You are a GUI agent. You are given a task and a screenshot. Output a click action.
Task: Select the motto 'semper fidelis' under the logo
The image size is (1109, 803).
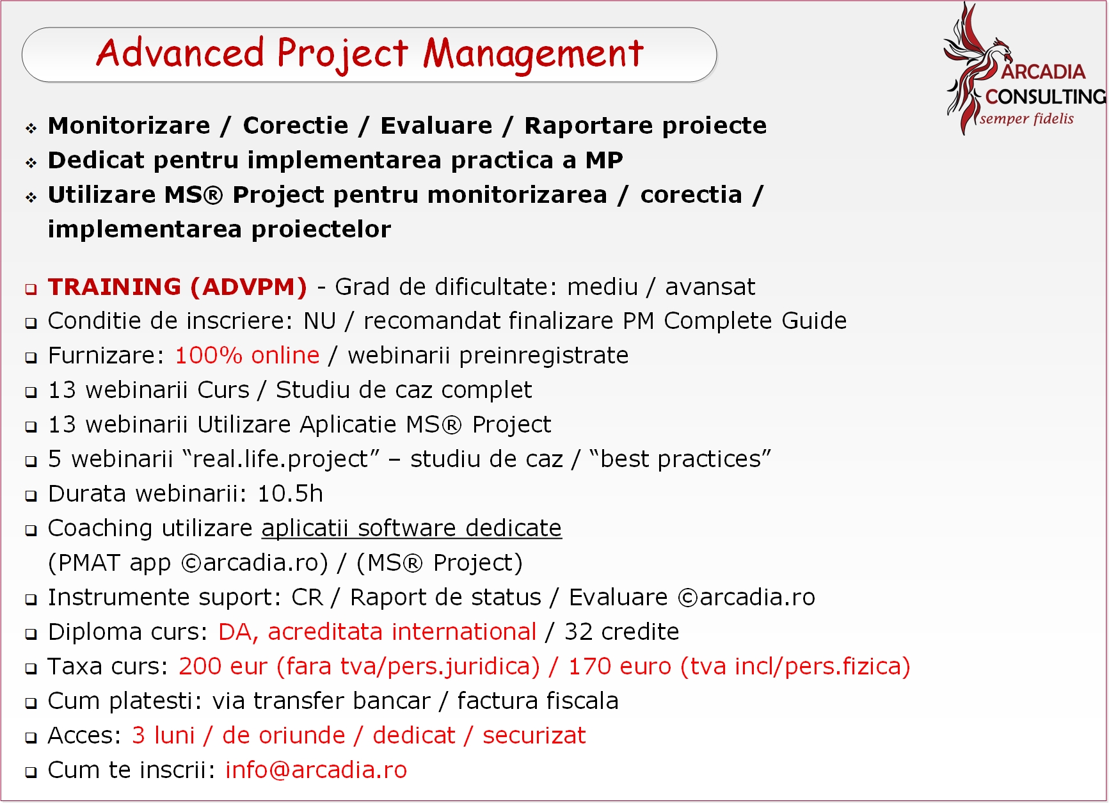click(1026, 118)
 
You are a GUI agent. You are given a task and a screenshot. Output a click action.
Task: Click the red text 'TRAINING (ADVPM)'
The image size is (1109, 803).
click(177, 287)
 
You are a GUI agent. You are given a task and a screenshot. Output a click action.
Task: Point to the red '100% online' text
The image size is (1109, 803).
click(247, 355)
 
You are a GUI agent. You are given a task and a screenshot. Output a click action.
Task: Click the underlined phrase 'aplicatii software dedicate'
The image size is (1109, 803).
click(411, 529)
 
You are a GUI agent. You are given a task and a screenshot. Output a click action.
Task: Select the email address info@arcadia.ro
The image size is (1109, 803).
click(316, 770)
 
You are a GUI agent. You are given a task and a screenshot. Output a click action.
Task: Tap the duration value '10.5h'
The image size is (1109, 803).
click(290, 493)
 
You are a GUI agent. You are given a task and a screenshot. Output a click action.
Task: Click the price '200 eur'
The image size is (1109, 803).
click(223, 666)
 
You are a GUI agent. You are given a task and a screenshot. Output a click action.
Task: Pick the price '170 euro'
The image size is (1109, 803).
click(619, 666)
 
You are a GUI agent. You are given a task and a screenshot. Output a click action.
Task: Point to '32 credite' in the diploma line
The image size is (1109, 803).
click(621, 632)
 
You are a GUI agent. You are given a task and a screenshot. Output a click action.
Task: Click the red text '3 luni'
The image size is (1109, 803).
click(163, 735)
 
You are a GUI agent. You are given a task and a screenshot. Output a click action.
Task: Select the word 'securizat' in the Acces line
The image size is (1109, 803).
click(534, 735)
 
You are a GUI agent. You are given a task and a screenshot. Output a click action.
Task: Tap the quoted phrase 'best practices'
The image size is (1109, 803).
click(680, 459)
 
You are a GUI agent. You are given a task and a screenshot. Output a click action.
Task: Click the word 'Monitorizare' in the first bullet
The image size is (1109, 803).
click(129, 125)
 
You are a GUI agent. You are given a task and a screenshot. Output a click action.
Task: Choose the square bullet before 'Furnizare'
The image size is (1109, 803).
click(31, 358)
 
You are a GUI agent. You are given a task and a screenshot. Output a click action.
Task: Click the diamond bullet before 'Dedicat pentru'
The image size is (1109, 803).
click(31, 163)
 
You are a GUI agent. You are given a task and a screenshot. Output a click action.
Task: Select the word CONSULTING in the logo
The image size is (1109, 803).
click(1046, 97)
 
